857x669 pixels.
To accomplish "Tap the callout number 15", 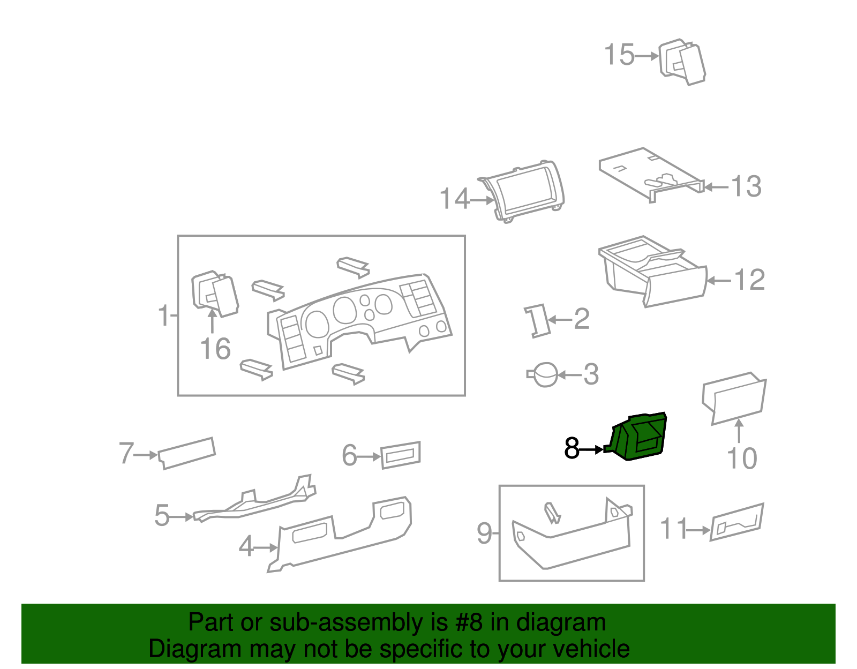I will click(619, 55).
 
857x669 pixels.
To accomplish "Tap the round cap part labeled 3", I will click(545, 374).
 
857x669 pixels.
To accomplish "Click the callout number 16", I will click(215, 349).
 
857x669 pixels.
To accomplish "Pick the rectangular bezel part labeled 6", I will click(401, 455).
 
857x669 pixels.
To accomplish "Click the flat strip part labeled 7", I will click(187, 453).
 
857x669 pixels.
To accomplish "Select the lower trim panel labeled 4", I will click(343, 536).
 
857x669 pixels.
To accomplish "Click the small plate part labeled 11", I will click(736, 522).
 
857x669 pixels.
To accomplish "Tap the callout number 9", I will click(484, 533).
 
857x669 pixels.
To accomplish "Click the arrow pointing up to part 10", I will click(739, 431).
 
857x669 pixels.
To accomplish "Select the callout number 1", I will click(164, 315).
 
